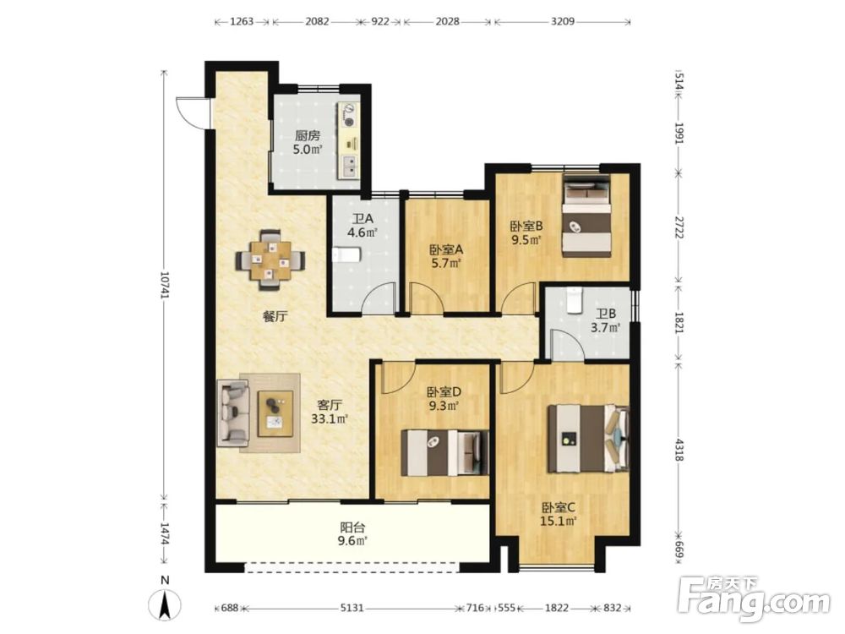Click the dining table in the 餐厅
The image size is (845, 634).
click(270, 260)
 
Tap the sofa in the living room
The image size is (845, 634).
click(233, 412)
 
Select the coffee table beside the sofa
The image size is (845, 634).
click(275, 413)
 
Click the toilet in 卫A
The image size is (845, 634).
click(346, 254)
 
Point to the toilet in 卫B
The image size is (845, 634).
click(575, 300)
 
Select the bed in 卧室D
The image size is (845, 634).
click(445, 452)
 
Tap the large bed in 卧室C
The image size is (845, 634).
click(588, 438)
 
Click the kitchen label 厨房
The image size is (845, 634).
click(307, 136)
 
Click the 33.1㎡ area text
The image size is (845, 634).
click(330, 418)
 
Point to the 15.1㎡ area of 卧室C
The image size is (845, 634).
click(559, 521)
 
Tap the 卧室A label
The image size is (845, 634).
click(446, 249)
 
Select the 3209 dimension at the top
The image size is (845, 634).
click(563, 22)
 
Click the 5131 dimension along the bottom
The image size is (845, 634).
click(352, 608)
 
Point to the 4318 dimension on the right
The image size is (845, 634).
click(679, 451)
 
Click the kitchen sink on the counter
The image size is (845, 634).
click(349, 166)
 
